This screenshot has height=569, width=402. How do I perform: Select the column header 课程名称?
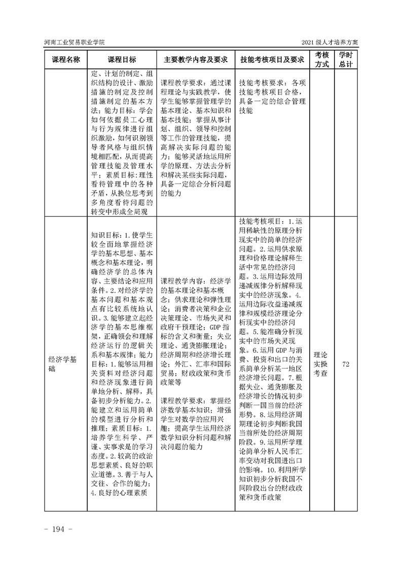(x=65, y=59)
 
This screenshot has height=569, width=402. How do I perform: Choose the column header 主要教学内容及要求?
(x=195, y=59)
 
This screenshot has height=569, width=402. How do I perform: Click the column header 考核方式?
(x=321, y=59)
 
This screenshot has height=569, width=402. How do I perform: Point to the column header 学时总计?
(x=346, y=59)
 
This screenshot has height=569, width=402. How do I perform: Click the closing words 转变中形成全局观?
(x=119, y=212)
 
